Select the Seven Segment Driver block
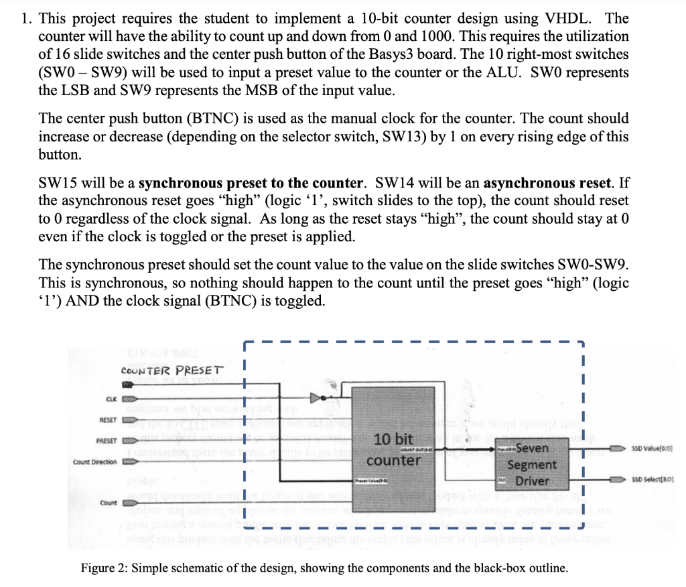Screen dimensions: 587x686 click(531, 464)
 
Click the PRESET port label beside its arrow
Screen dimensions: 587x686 click(107, 442)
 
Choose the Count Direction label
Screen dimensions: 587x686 click(94, 462)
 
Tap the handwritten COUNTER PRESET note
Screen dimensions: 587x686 click(172, 371)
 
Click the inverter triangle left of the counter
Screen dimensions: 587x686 click(328, 399)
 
